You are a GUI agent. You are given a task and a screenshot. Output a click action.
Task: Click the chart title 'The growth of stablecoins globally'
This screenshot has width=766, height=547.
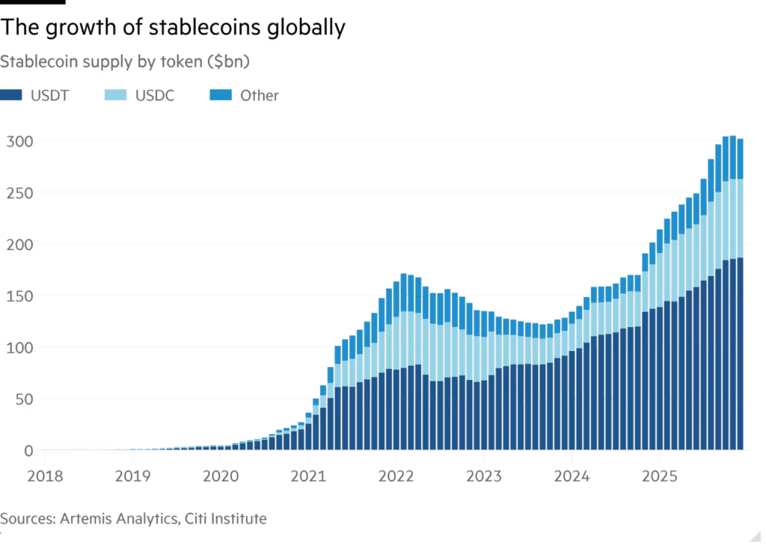(x=173, y=28)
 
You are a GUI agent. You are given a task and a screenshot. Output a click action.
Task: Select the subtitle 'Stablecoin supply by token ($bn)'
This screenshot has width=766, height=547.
(x=125, y=62)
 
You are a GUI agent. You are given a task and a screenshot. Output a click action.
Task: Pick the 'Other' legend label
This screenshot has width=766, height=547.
(x=259, y=96)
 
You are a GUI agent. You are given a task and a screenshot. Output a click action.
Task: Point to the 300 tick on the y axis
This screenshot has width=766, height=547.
(x=19, y=141)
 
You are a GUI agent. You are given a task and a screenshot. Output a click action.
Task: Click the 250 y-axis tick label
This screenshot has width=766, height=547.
(x=19, y=193)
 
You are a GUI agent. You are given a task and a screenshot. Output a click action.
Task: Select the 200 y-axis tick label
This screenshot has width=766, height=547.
(x=19, y=245)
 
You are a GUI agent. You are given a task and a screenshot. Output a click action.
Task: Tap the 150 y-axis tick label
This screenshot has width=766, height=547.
(x=19, y=296)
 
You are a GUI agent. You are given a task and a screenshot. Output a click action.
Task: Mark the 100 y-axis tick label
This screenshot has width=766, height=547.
(x=19, y=347)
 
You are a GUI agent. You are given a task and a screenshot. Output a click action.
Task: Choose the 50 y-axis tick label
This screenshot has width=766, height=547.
(x=22, y=399)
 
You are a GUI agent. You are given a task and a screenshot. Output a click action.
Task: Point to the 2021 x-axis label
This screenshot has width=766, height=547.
(x=308, y=476)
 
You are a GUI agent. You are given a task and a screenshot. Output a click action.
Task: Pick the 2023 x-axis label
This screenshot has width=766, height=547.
(x=484, y=476)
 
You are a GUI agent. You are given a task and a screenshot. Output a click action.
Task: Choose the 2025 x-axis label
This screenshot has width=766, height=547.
(x=659, y=476)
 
